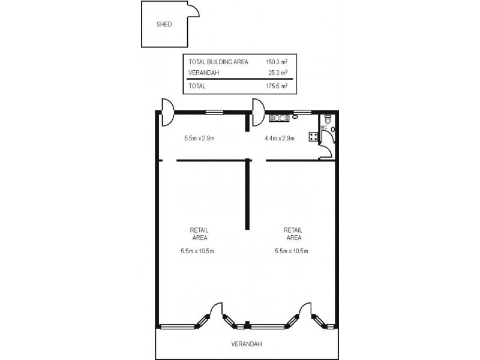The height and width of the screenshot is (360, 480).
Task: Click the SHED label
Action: pyautogui.click(x=164, y=25)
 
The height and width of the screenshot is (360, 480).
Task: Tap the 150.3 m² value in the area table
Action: pyautogui.click(x=277, y=62)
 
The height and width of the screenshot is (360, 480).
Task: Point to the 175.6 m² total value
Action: pyautogui.click(x=277, y=86)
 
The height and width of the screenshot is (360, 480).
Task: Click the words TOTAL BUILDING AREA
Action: pyautogui.click(x=218, y=62)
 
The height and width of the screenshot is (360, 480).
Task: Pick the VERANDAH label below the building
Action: pyautogui.click(x=247, y=344)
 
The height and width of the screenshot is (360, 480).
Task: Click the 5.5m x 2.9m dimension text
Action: pyautogui.click(x=199, y=138)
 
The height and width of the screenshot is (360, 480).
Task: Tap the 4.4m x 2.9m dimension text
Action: pyautogui.click(x=280, y=138)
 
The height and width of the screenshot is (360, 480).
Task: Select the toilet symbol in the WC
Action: pyautogui.click(x=328, y=119)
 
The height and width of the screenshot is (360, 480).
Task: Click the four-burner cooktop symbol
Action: pyautogui.click(x=313, y=136)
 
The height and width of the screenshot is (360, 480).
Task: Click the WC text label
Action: pyautogui.click(x=324, y=127)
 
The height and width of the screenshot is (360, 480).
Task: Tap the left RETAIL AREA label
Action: pyautogui.click(x=199, y=233)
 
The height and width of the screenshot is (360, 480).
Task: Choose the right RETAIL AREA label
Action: pyautogui.click(x=293, y=233)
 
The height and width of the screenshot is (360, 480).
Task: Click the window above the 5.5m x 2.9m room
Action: pyautogui.click(x=214, y=112)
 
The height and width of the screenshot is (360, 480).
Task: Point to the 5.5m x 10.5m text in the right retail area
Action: pyautogui.click(x=291, y=251)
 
